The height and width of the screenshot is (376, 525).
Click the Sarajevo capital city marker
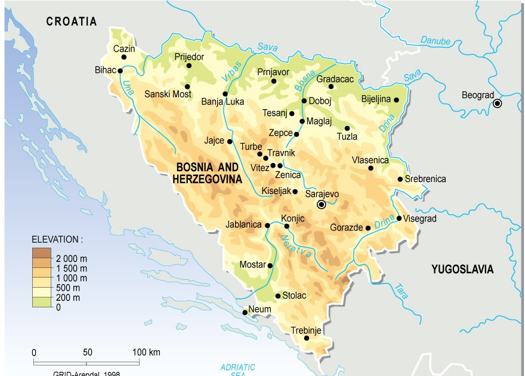(x=322, y=204)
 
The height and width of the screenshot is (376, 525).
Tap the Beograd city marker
(x=497, y=104)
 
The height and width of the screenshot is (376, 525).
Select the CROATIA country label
(x=72, y=21)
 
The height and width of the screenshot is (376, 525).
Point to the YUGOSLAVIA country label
(x=462, y=270)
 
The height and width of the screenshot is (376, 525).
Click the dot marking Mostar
(x=270, y=266)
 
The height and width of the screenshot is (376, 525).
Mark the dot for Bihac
(x=121, y=70)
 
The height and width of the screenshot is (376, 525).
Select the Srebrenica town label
(x=425, y=179)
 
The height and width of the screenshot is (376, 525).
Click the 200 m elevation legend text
(x=68, y=297)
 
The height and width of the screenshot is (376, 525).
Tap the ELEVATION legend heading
(x=57, y=239)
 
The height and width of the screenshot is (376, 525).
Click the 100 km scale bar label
(x=146, y=352)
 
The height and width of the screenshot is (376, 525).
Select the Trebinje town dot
(x=307, y=338)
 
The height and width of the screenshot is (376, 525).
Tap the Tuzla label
(x=347, y=137)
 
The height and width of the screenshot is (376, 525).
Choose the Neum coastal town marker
(x=245, y=312)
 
